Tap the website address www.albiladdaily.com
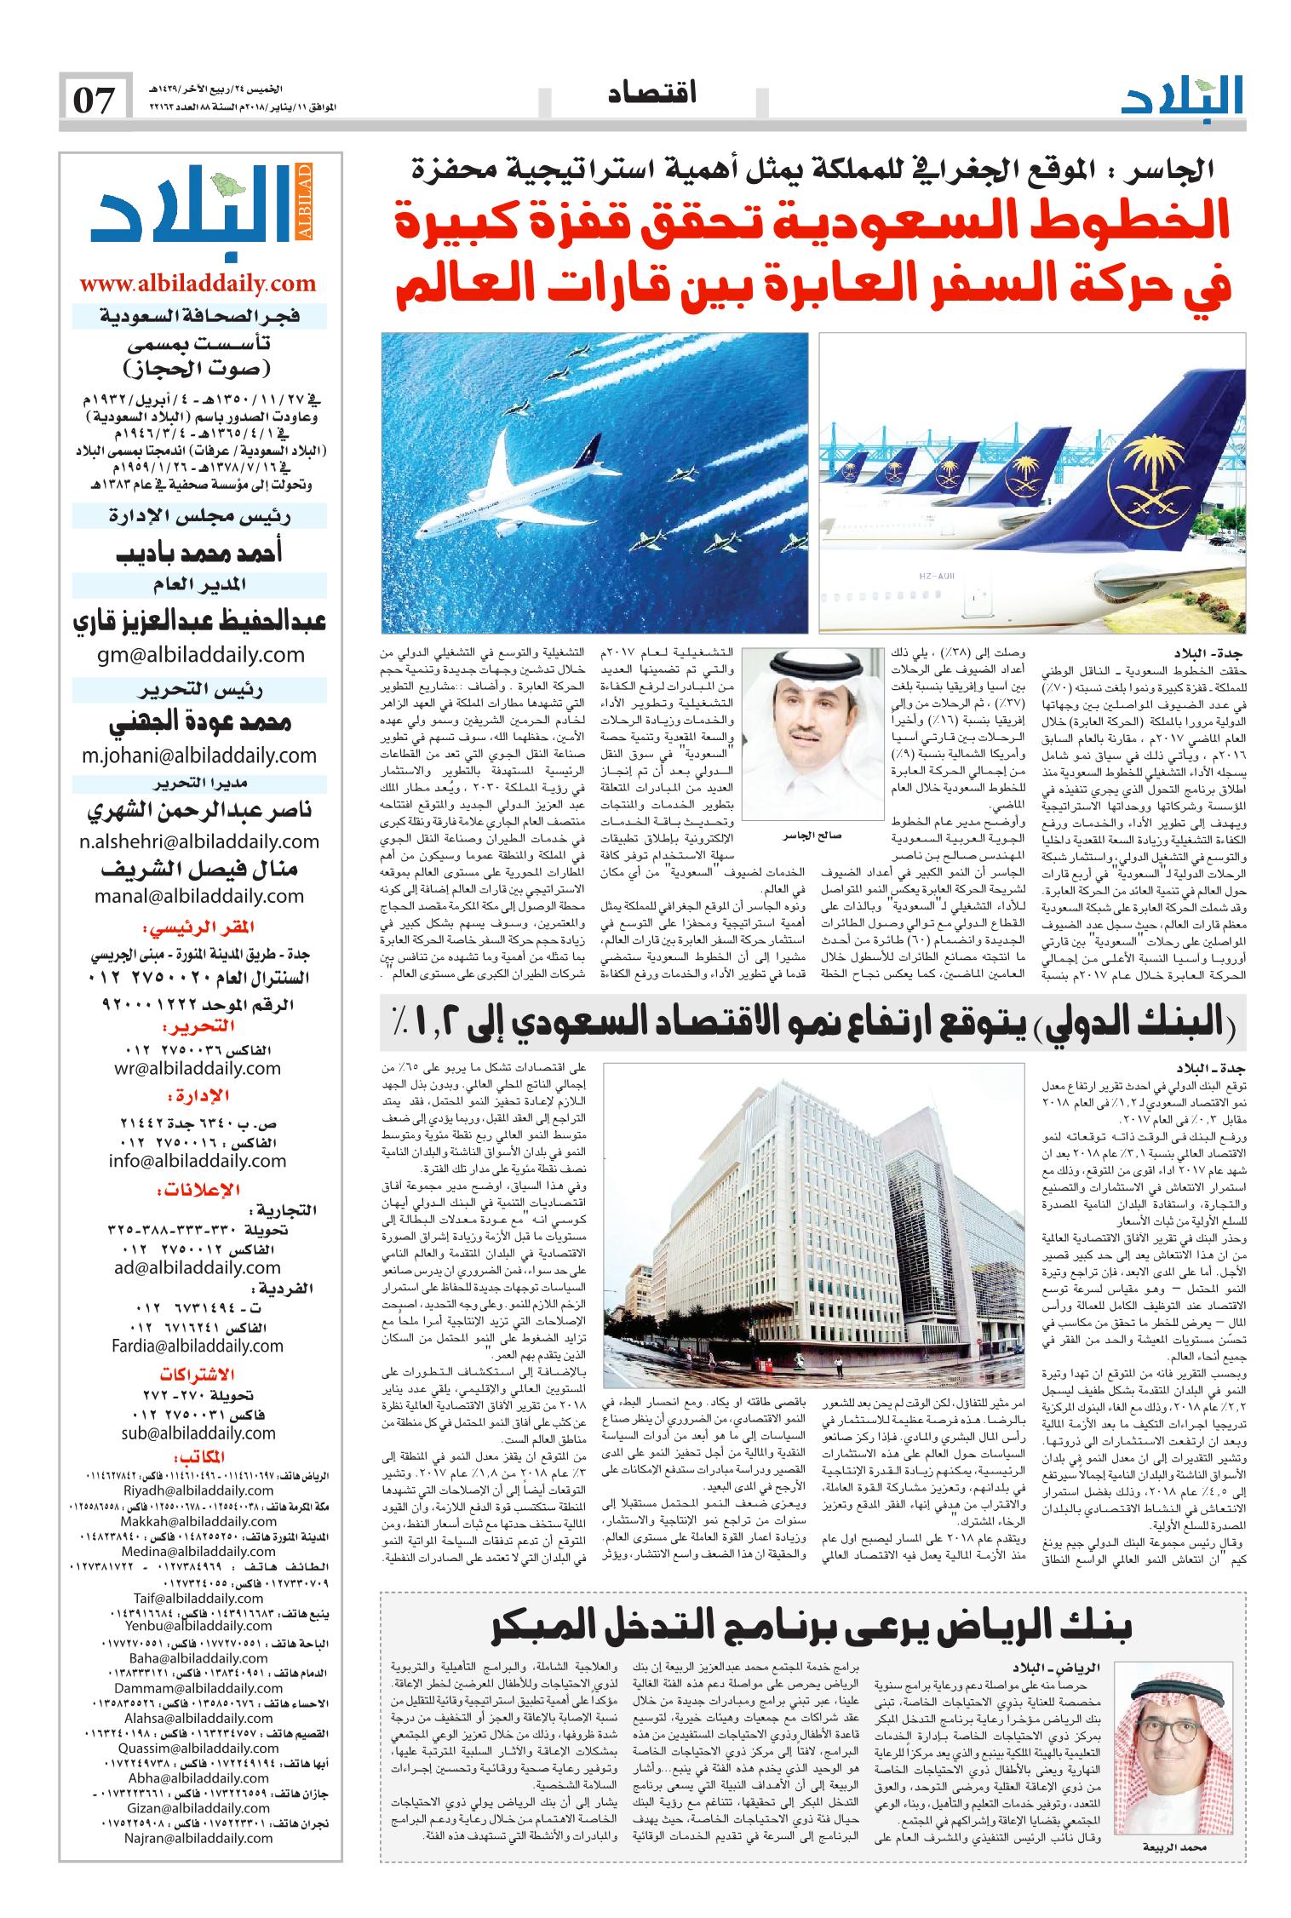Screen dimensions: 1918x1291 198,283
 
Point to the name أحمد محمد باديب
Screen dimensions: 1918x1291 198,553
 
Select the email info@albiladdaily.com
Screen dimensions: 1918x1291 198,1161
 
